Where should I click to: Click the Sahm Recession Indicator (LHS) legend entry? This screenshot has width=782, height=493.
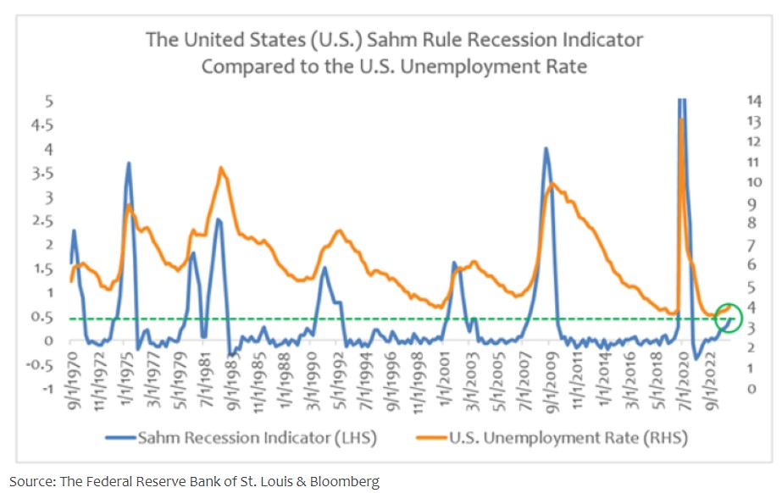(241, 437)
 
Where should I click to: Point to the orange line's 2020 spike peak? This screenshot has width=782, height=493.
(681, 119)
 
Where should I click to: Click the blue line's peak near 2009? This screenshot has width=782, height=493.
(546, 149)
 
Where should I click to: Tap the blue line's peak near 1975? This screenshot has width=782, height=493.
(128, 163)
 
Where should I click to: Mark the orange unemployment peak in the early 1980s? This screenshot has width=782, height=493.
(221, 168)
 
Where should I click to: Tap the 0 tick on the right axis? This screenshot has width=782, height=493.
(751, 389)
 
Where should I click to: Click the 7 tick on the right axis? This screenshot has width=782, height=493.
(751, 244)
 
